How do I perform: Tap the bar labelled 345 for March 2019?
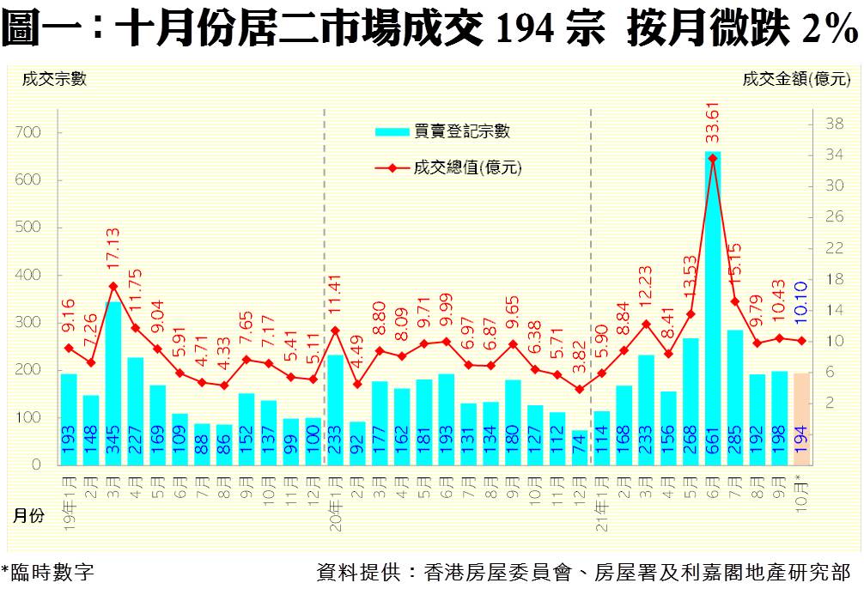(x=113, y=378)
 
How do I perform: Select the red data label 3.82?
(x=581, y=356)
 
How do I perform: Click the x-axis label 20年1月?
(x=334, y=497)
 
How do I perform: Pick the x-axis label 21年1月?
(x=601, y=497)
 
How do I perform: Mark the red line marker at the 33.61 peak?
(x=712, y=158)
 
